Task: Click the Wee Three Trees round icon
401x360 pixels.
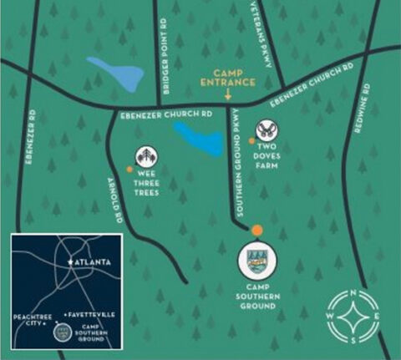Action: (147, 156)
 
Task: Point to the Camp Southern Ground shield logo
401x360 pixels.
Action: (256, 260)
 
